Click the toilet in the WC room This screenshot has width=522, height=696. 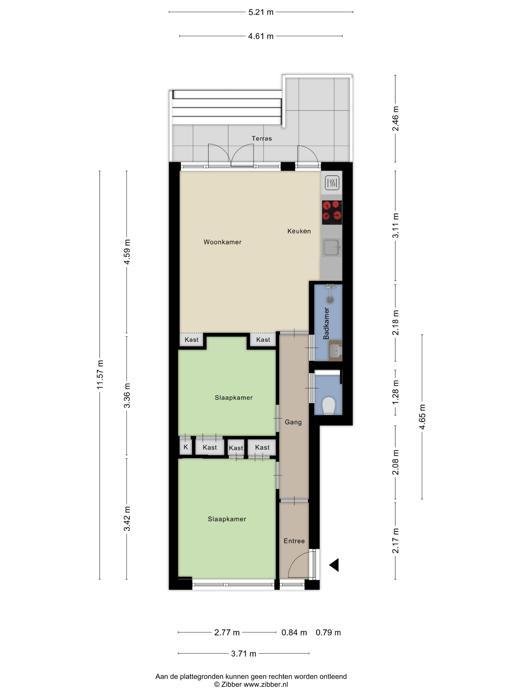click(329, 406)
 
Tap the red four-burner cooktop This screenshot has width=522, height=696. click(332, 212)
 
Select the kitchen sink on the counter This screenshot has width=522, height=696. click(331, 247)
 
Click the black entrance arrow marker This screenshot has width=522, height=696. click(334, 565)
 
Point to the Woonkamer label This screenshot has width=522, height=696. click(222, 242)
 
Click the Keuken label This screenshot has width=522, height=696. click(299, 231)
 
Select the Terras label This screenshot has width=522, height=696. click(261, 138)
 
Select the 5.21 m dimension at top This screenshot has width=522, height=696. click(261, 12)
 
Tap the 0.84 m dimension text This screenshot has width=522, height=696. click(294, 632)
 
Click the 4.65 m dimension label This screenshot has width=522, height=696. click(422, 417)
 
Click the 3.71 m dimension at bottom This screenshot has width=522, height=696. click(244, 653)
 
